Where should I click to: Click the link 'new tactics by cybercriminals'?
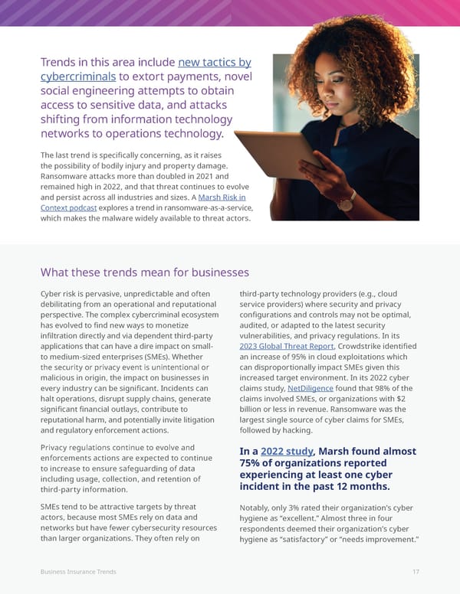214,63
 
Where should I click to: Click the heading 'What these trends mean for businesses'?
144,273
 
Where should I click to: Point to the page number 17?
415,572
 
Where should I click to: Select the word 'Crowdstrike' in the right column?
366,345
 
